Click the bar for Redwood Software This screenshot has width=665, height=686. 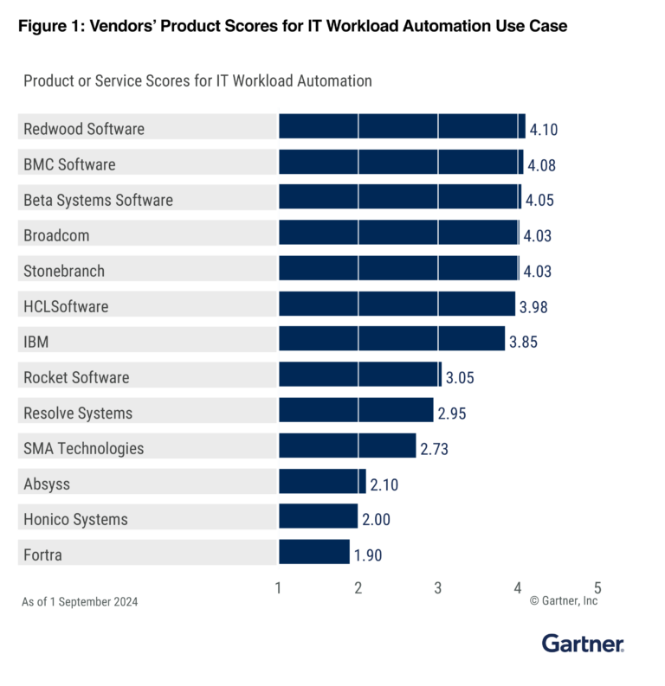click(x=402, y=129)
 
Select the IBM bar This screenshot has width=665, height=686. click(x=391, y=342)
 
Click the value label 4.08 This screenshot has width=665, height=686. click(x=541, y=164)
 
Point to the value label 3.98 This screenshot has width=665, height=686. click(x=533, y=306)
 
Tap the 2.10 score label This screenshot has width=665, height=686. click(x=384, y=484)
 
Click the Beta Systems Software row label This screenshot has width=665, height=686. click(x=98, y=200)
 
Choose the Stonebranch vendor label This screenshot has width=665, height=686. click(x=64, y=271)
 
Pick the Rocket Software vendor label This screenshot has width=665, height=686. click(x=76, y=377)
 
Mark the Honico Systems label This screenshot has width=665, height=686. click(x=75, y=519)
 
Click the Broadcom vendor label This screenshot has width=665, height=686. click(x=56, y=235)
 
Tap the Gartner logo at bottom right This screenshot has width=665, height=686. click(x=583, y=644)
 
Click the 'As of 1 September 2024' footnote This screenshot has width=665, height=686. click(x=80, y=601)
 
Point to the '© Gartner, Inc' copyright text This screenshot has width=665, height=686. click(x=564, y=600)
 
